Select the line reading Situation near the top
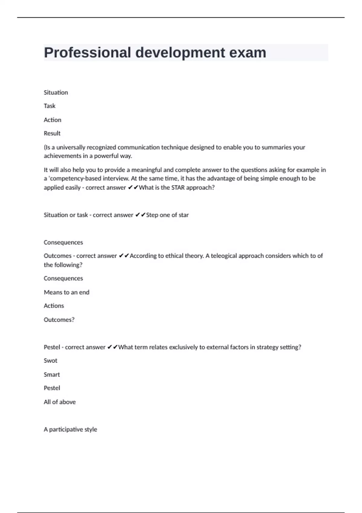[56, 92]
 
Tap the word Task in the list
[49, 106]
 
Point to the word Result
[52, 133]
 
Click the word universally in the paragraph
[71, 147]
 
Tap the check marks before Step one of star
[140, 215]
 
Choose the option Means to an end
[66, 292]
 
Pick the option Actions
[54, 306]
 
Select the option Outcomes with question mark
[59, 320]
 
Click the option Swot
[50, 361]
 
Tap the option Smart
[52, 374]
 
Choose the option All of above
[59, 402]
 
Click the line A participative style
[70, 429]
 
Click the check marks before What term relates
[113, 347]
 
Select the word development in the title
[180, 53]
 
